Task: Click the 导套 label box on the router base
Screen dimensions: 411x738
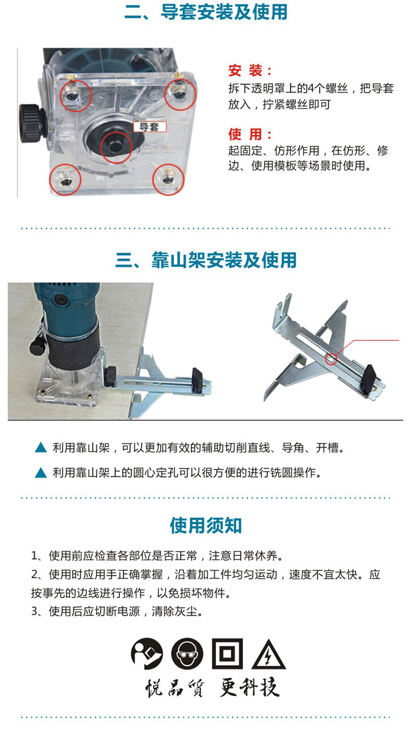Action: click(x=150, y=127)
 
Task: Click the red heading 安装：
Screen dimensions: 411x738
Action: click(x=250, y=71)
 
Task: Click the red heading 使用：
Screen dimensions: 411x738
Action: click(x=250, y=134)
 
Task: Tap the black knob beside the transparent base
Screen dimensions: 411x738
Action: click(x=32, y=123)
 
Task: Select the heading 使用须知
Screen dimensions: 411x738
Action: click(x=206, y=525)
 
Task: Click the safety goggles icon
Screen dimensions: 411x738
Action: click(x=187, y=654)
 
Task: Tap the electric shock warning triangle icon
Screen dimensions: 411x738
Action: click(x=269, y=655)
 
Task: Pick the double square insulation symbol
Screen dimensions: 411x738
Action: click(x=227, y=654)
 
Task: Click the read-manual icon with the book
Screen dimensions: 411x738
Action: click(x=147, y=654)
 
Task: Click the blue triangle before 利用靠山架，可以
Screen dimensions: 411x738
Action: click(x=41, y=447)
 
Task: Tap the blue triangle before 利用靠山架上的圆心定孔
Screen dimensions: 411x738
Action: click(x=41, y=473)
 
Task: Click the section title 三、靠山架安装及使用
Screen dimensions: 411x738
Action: click(x=206, y=260)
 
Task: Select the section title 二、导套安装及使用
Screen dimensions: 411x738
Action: click(x=206, y=12)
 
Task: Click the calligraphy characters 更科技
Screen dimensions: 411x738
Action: click(x=249, y=687)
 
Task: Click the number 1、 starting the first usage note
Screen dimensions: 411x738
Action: click(x=38, y=556)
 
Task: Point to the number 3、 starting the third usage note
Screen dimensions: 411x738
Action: click(x=38, y=611)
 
